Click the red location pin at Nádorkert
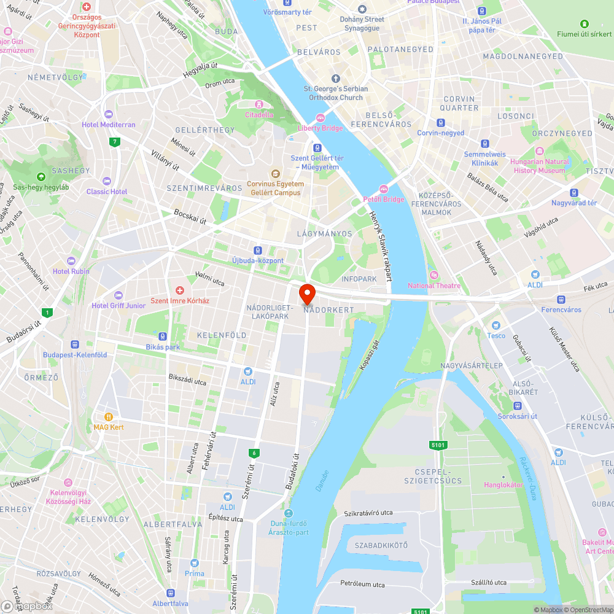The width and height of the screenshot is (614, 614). click(306, 293)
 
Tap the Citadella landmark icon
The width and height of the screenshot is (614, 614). click(259, 104)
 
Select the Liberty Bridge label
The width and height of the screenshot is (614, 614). click(320, 128)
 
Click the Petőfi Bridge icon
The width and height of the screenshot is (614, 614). click(384, 189)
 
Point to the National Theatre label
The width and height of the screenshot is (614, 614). click(434, 286)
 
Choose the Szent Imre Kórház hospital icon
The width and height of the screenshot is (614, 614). click(180, 290)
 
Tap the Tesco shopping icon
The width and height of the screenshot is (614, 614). click(496, 325)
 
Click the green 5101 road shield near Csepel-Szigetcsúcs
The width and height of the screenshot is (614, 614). click(438, 445)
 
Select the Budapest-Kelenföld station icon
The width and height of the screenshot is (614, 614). click(75, 345)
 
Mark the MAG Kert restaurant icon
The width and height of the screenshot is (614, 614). click(109, 416)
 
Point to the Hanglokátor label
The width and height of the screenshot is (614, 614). click(503, 484)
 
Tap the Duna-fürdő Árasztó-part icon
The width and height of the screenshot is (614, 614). click(289, 513)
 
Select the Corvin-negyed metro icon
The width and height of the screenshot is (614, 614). click(440, 122)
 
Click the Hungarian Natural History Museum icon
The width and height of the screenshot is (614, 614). click(540, 151)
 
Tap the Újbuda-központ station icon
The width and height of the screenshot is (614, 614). click(258, 250)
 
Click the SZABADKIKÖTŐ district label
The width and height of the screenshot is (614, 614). click(381, 545)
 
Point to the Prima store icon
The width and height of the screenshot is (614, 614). click(194, 563)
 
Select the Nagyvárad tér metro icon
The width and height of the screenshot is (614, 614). click(574, 192)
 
